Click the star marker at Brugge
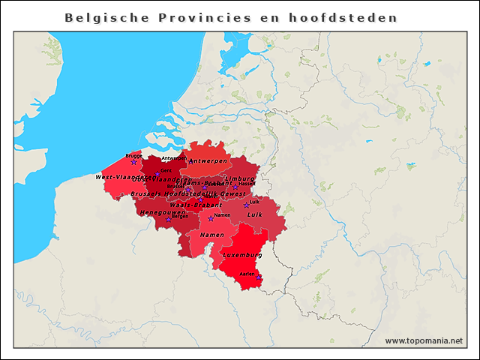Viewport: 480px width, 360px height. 134,162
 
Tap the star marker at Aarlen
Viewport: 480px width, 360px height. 259,277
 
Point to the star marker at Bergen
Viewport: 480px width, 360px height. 168,220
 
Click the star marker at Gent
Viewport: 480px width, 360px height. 157,174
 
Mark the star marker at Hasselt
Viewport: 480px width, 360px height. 235,187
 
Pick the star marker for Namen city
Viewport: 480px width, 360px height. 211,219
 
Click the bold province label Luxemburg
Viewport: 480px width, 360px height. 242,255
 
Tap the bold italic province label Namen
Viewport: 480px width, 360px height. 212,235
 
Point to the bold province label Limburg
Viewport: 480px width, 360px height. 240,178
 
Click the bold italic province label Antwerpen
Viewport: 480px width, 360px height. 208,161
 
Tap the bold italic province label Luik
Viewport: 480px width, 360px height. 254,214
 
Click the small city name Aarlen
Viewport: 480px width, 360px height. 247,274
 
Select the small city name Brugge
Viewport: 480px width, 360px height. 134,155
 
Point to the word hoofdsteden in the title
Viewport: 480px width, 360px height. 346,16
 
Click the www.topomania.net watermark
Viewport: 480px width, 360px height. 424,340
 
